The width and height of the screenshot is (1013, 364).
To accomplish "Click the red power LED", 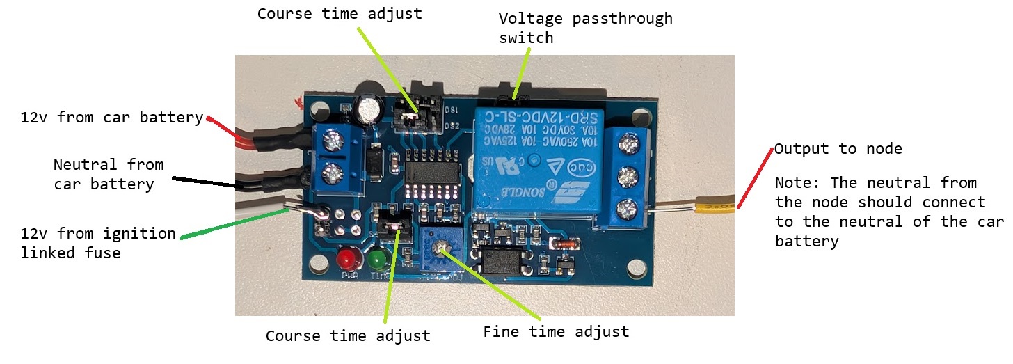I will [x=346, y=260].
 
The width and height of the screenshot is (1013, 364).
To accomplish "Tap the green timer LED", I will [x=378, y=260].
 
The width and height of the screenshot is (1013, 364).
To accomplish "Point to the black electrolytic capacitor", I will [x=367, y=109].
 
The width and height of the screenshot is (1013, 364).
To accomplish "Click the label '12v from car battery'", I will [x=111, y=117].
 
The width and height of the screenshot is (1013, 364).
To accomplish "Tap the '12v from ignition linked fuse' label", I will [x=98, y=243].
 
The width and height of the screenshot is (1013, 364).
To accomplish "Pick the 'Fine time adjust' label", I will [x=556, y=332].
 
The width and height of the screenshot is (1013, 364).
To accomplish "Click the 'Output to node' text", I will [x=838, y=148].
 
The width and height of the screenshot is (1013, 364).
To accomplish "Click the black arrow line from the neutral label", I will [x=205, y=182].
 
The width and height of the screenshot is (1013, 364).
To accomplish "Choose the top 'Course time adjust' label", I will [x=339, y=14].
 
